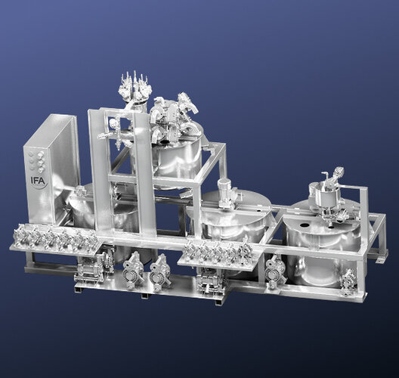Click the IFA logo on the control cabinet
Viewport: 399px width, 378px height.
(x=39, y=182)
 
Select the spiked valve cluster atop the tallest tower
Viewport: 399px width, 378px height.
(x=135, y=86)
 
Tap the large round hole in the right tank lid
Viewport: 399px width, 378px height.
(x=304, y=225)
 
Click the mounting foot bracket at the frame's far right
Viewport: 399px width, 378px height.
(x=381, y=259)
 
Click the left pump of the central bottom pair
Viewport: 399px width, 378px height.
(x=133, y=271)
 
